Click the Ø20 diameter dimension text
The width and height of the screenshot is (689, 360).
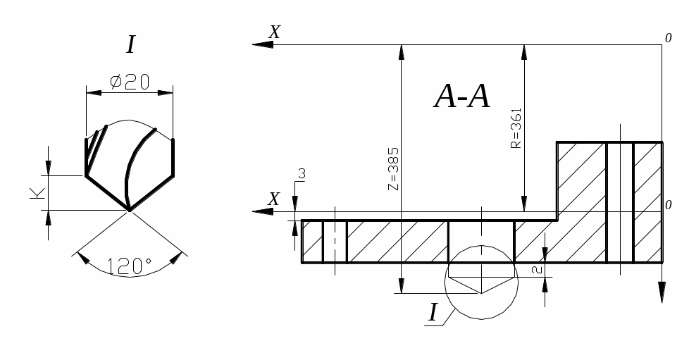130,82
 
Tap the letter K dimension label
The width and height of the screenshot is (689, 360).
38,193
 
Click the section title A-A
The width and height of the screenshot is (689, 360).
461,97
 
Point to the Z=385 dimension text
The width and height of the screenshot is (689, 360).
394,169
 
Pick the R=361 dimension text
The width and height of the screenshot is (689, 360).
516,128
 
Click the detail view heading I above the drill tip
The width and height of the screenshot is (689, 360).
130,44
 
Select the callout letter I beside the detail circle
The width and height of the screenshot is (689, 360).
433,313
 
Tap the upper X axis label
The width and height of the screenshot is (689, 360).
275,32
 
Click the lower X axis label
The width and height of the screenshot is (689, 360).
274,199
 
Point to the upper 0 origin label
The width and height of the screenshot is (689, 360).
668,38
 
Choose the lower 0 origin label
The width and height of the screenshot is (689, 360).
668,205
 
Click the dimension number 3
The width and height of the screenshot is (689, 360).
302,174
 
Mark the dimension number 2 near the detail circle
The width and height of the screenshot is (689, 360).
537,269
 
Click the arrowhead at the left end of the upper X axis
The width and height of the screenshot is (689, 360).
262,44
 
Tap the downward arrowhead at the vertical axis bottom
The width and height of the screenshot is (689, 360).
662,292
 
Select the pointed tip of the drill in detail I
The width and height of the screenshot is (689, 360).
129,211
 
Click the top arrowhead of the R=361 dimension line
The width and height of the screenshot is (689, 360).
523,52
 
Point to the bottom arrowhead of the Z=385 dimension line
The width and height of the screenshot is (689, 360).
401,286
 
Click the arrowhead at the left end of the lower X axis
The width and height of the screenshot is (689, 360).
262,211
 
